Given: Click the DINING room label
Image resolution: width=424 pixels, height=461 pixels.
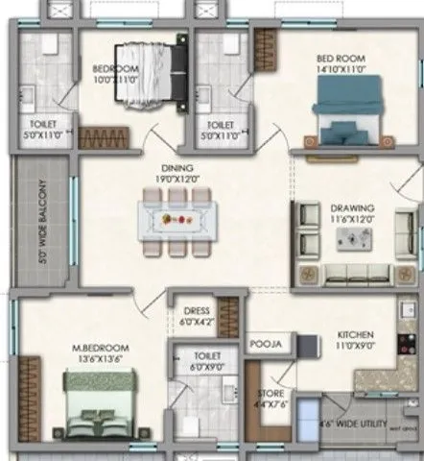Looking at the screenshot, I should [x=176, y=166].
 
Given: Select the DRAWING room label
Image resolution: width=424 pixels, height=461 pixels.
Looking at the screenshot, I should [x=352, y=206].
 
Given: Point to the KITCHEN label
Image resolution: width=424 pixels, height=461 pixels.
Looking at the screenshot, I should [x=356, y=336].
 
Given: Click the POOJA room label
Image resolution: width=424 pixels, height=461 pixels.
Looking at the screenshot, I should [x=264, y=342].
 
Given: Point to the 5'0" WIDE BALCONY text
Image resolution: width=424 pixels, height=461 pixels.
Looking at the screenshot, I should [x=42, y=222].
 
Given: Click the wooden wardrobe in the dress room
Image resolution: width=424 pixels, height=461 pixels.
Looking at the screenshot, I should [x=227, y=316].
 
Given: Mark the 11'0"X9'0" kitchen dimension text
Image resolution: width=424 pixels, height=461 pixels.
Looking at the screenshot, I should [x=356, y=347].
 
